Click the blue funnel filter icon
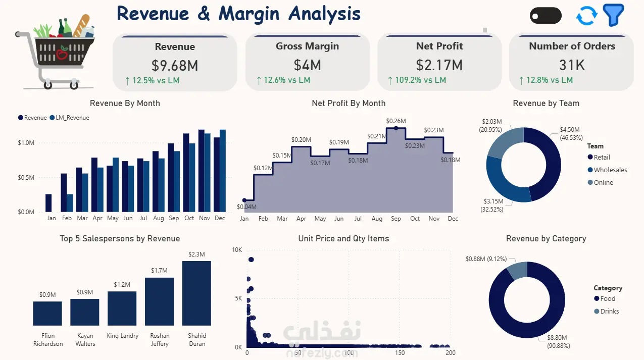click(x=613, y=15)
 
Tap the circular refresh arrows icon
click(x=587, y=16)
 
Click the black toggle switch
click(x=546, y=16)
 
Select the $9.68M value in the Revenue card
click(x=175, y=66)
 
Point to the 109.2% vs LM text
click(x=421, y=80)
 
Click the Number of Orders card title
click(x=572, y=46)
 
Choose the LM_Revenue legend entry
click(x=69, y=118)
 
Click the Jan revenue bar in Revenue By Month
click(x=48, y=203)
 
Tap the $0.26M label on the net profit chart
click(x=396, y=121)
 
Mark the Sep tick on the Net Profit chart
click(x=395, y=219)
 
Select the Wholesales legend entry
click(x=608, y=170)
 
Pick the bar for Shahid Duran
click(x=196, y=293)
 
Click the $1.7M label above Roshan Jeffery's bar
click(x=159, y=270)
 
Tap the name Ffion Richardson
click(x=47, y=340)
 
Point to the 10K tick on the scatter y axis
click(x=237, y=250)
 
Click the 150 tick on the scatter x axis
click(x=400, y=353)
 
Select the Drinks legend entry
click(x=606, y=311)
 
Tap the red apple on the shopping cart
click(x=62, y=54)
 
